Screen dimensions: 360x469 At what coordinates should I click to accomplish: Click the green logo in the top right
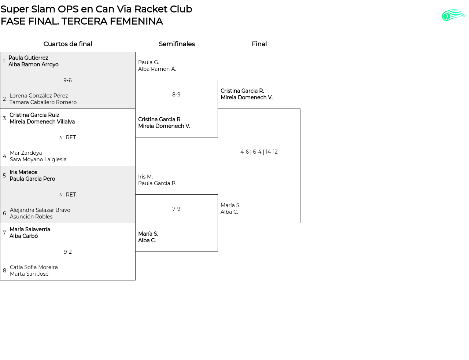click(454, 15)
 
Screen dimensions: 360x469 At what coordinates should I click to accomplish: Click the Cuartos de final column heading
click(68, 44)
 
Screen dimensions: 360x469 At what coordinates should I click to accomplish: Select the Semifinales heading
click(177, 44)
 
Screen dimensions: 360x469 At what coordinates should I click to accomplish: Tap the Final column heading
click(259, 44)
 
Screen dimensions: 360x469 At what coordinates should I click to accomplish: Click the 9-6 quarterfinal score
click(67, 80)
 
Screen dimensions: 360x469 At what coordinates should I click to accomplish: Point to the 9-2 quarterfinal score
click(67, 252)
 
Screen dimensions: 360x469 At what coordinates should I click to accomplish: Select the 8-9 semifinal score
click(176, 95)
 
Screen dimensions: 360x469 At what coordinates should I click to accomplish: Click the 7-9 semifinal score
click(176, 209)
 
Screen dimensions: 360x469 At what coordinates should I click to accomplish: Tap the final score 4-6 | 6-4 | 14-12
click(259, 152)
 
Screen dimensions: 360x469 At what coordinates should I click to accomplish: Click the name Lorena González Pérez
click(38, 96)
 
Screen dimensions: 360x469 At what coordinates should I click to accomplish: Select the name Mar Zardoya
click(26, 153)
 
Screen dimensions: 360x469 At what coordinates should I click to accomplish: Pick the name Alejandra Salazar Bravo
click(40, 210)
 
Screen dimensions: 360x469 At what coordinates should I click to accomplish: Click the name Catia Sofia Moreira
click(34, 267)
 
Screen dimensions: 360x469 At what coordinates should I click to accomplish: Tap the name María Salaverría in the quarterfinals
click(30, 229)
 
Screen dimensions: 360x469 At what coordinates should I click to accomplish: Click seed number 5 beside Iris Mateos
click(4, 176)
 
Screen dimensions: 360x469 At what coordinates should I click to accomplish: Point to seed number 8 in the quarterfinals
click(4, 271)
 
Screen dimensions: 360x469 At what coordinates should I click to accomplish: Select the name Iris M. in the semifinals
click(145, 177)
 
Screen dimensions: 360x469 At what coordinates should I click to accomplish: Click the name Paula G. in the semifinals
click(148, 62)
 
